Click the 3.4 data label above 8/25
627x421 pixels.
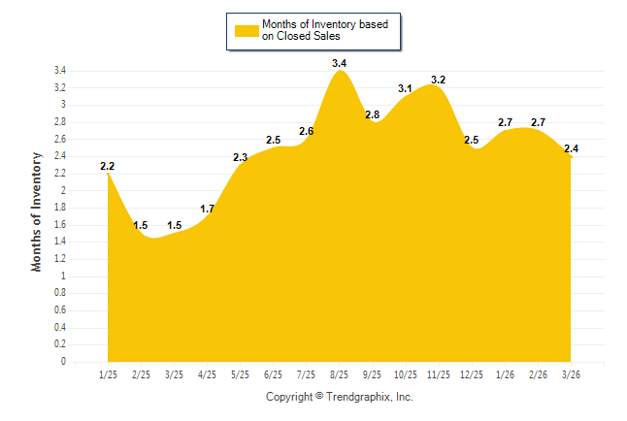pyautogui.click(x=339, y=63)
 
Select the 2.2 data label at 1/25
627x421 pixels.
pyautogui.click(x=108, y=166)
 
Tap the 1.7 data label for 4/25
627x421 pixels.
pyautogui.click(x=207, y=209)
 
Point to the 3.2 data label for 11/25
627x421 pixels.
pyautogui.click(x=438, y=80)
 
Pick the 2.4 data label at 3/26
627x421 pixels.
pyautogui.click(x=572, y=148)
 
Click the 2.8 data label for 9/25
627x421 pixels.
pyautogui.click(x=372, y=114)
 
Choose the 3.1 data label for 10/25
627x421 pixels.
pyautogui.click(x=405, y=88)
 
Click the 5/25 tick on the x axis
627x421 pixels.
pyautogui.click(x=240, y=374)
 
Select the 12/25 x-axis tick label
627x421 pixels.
pyautogui.click(x=471, y=374)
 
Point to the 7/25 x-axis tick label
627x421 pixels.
pyautogui.click(x=306, y=374)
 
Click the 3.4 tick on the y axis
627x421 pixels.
pyautogui.click(x=59, y=71)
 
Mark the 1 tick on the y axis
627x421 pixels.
pyautogui.click(x=63, y=275)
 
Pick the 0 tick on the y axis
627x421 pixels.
pyautogui.click(x=63, y=362)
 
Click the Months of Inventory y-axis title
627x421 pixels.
pyautogui.click(x=37, y=210)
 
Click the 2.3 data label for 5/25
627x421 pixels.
pyautogui.click(x=240, y=157)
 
